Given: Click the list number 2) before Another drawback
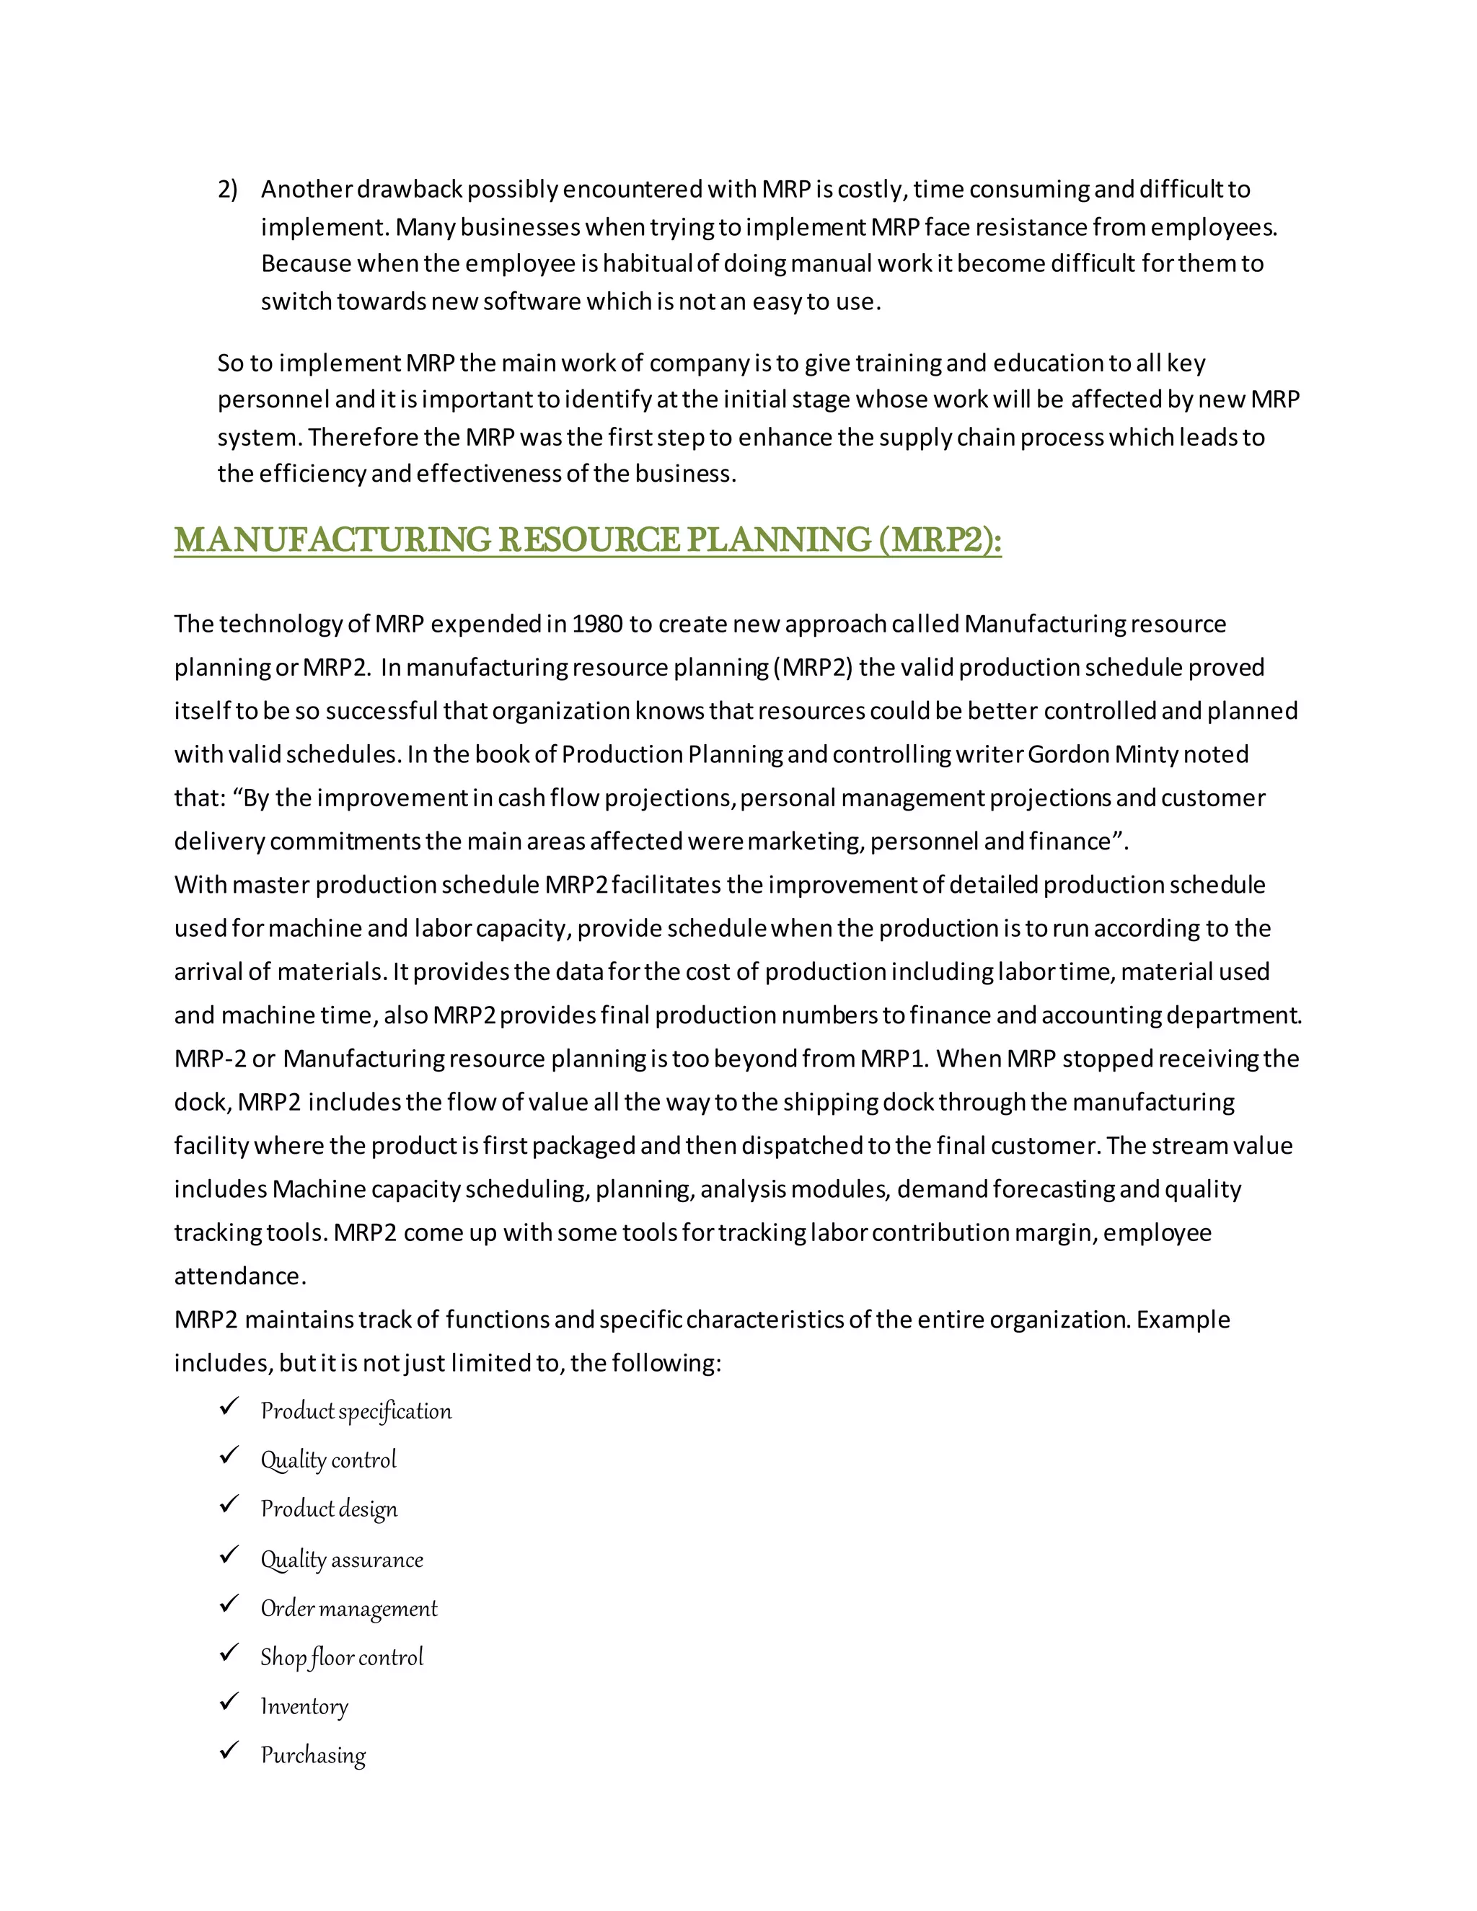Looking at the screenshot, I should click(x=227, y=189).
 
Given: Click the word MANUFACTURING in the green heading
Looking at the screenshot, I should click(x=332, y=540).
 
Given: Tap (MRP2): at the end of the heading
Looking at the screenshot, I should click(x=940, y=540).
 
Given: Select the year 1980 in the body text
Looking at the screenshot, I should click(x=598, y=624).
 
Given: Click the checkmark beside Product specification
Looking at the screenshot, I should click(x=229, y=1407).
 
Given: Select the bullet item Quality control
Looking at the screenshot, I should click(x=328, y=1460).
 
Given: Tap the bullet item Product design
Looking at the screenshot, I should click(x=329, y=1509).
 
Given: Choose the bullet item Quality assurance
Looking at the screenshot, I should click(x=341, y=1559).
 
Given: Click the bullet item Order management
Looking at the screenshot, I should click(x=348, y=1608).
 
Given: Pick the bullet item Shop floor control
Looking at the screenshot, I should click(x=341, y=1657).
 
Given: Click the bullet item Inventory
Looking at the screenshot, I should click(x=304, y=1706).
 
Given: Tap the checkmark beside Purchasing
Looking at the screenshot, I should click(x=229, y=1751).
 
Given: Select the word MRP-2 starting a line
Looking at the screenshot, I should click(x=210, y=1059).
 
